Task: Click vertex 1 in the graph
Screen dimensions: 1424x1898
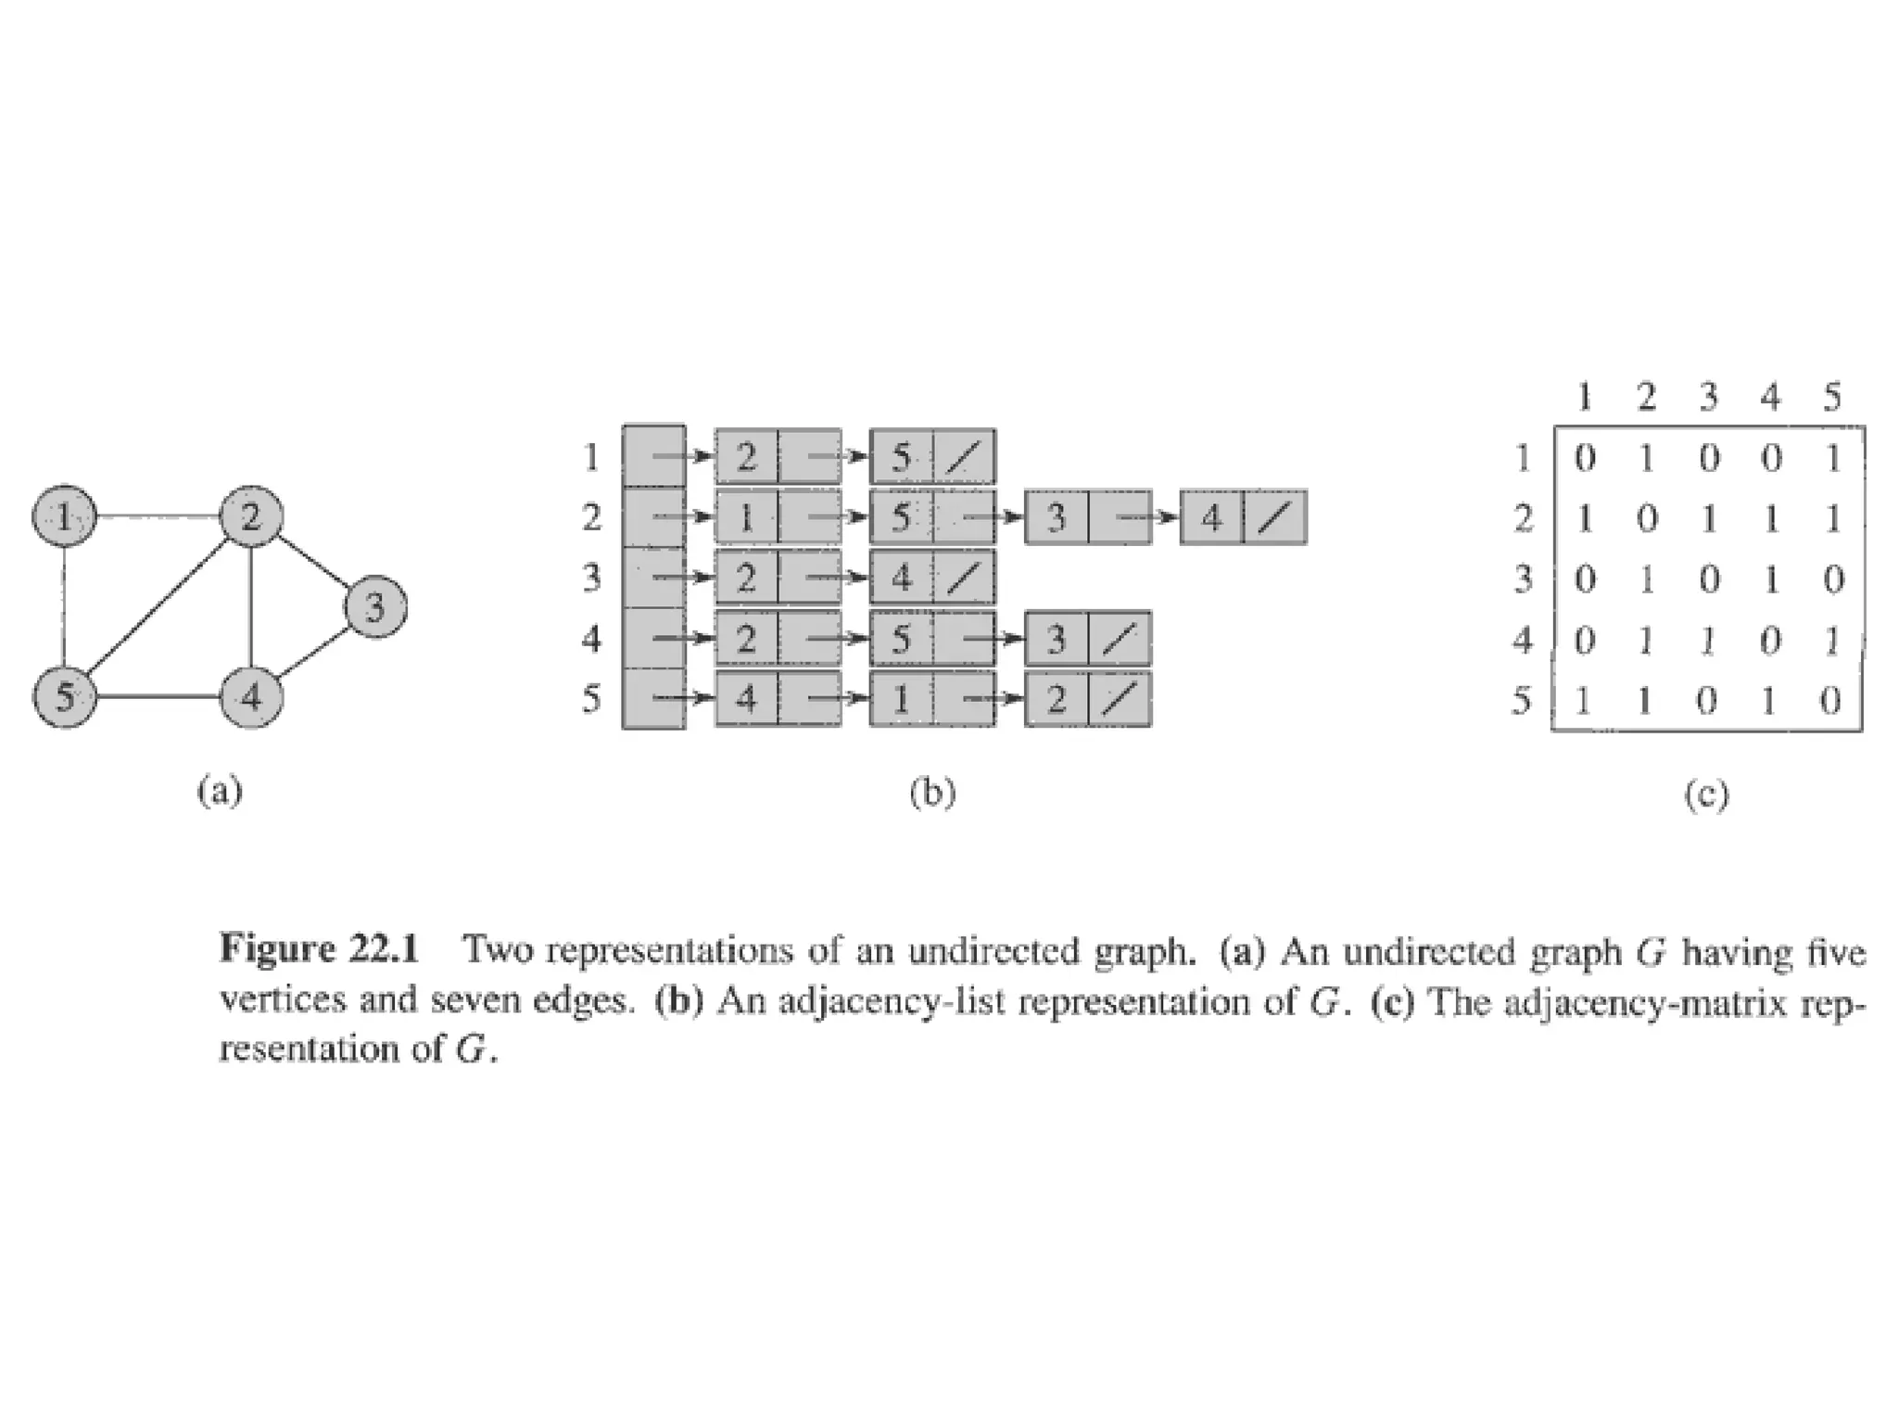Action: click(x=63, y=516)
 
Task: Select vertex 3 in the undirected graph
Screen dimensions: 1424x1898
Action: click(x=375, y=608)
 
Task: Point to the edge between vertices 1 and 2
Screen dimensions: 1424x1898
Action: click(x=157, y=516)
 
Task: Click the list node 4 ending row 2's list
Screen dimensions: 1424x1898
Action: click(x=1212, y=517)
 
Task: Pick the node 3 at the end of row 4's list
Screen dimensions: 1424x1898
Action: click(x=1057, y=639)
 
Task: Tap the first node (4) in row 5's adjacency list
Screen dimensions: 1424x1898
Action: click(x=746, y=698)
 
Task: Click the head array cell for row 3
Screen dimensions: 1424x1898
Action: click(x=652, y=578)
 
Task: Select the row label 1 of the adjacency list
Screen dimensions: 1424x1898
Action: click(x=591, y=457)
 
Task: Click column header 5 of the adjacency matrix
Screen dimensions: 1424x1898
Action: click(x=1831, y=398)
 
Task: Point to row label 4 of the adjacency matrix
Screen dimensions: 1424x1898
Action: click(x=1523, y=640)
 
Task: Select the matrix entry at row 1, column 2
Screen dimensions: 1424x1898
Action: click(x=1646, y=459)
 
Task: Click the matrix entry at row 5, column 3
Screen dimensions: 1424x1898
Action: click(x=1708, y=701)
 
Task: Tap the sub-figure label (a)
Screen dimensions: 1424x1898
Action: click(x=220, y=792)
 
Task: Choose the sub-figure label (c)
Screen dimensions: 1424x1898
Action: click(x=1706, y=795)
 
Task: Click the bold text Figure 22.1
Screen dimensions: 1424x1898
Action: click(x=320, y=951)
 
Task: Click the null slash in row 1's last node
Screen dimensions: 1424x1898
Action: click(x=964, y=457)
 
